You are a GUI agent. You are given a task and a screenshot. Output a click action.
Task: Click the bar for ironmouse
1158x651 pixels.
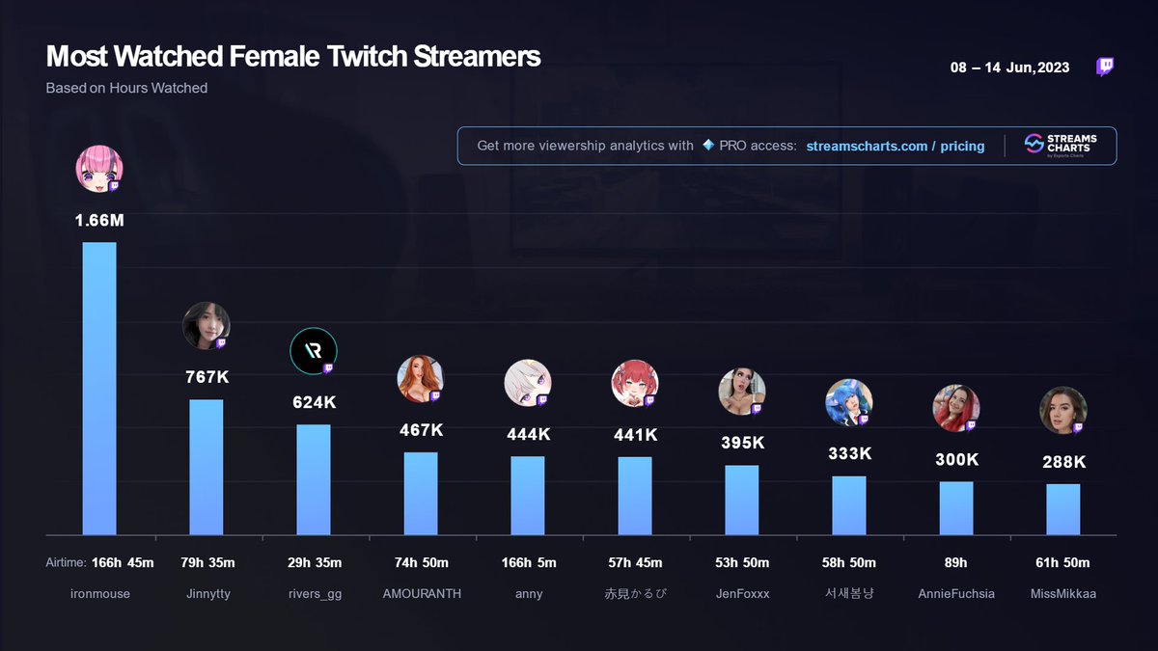point(99,388)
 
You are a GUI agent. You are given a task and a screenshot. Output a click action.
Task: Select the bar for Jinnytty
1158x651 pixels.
point(207,467)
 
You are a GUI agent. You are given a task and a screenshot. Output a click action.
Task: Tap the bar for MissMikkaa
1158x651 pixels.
point(1063,509)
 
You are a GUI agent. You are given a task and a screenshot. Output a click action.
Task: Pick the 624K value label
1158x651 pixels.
point(314,402)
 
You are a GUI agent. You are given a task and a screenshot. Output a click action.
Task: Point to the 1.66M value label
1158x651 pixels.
point(99,221)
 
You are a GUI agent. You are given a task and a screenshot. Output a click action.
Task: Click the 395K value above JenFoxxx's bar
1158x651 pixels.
point(742,443)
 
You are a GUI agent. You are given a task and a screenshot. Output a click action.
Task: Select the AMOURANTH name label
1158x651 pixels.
point(421,594)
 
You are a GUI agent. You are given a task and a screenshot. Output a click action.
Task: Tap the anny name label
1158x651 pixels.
point(528,594)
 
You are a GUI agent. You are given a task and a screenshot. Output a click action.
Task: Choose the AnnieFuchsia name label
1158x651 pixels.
point(956,594)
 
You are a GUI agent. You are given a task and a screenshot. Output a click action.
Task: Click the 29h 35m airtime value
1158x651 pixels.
point(314,563)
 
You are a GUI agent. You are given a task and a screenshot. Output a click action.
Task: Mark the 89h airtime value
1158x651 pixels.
point(956,563)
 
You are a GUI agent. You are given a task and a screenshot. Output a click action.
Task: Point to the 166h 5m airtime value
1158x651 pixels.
point(528,563)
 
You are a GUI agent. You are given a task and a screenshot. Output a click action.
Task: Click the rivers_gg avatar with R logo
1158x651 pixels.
point(313,352)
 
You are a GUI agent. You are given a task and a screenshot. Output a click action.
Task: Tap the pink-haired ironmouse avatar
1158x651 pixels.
point(98,169)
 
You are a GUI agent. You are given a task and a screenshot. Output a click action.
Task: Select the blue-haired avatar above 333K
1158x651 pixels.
point(848,402)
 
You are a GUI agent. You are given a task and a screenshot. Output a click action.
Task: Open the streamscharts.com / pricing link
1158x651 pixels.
point(895,146)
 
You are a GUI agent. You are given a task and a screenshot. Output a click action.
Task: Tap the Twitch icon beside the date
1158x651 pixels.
point(1106,67)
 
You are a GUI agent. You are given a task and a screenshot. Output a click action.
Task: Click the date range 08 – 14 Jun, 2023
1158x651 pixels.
point(1009,68)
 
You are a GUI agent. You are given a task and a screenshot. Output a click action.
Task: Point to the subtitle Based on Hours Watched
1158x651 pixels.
point(126,88)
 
